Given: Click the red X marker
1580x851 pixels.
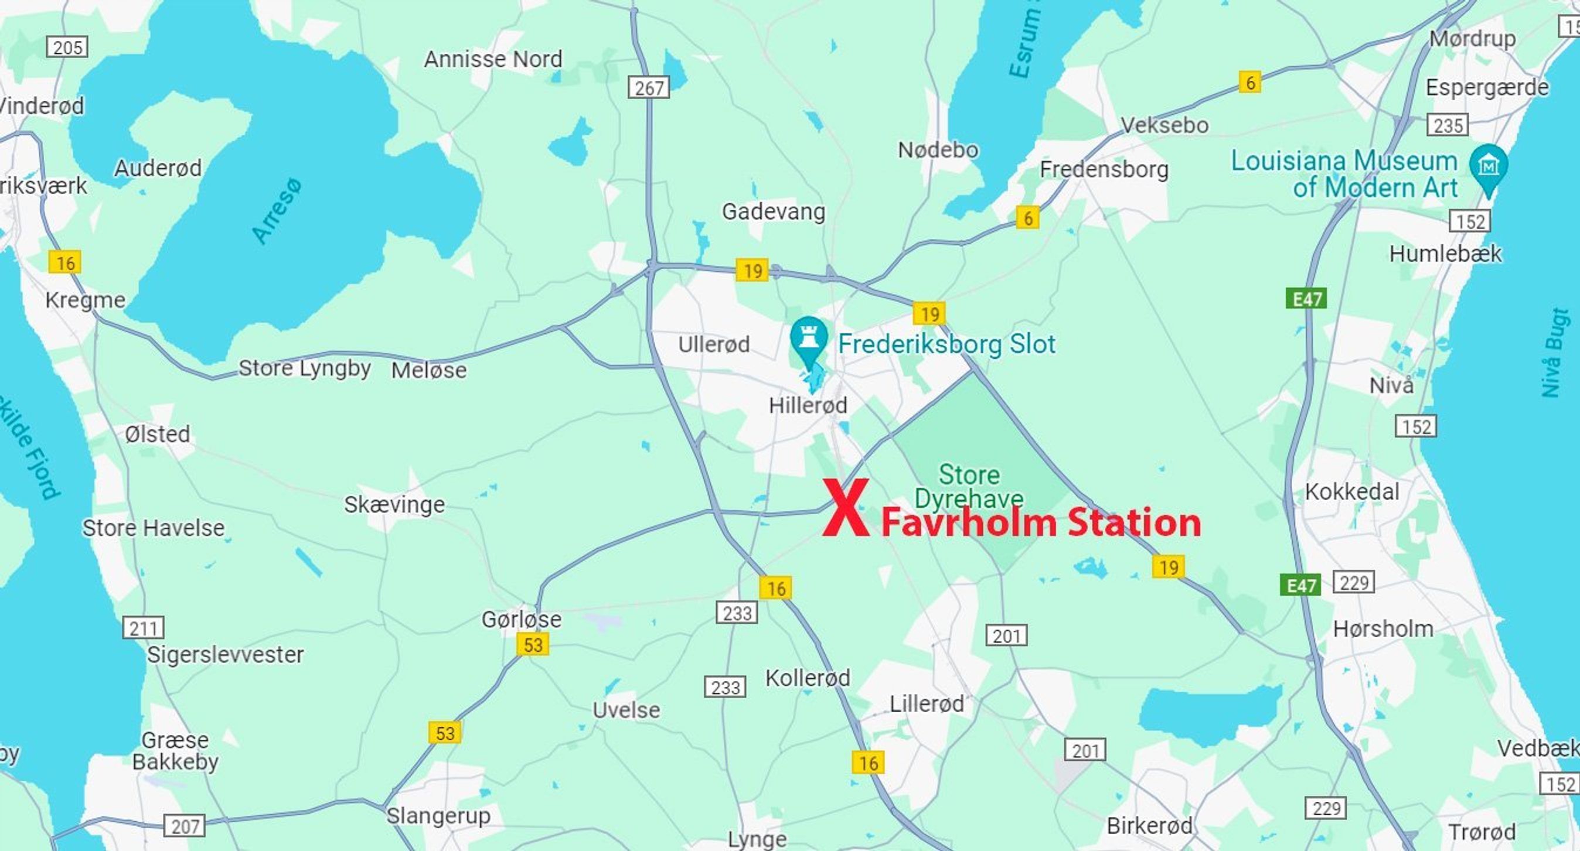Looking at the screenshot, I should pos(846,508).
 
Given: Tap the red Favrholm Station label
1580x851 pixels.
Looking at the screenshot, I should pos(1041,523).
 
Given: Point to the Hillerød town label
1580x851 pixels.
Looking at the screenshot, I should pos(808,405).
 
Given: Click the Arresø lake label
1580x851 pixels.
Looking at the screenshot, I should pos(277,211).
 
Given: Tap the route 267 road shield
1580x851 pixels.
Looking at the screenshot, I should pos(648,88).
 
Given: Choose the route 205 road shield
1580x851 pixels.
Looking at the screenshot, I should pos(67,47).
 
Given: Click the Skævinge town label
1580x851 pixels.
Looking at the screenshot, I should pos(394,505).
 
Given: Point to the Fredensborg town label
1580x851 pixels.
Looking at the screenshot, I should pos(1104,169).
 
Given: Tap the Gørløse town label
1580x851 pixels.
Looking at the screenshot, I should pos(522,619).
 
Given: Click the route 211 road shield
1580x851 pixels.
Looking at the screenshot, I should pos(143,628).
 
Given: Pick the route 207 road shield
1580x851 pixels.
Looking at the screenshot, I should pos(184,826).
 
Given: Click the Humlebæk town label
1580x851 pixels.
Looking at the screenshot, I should pos(1446,253).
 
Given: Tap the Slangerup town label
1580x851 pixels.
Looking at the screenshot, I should pos(438,815).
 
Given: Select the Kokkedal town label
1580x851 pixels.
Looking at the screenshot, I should pos(1352,492).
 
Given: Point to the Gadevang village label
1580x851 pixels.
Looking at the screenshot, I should pos(774,211).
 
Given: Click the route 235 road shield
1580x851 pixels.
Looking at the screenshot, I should pos(1448,125).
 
